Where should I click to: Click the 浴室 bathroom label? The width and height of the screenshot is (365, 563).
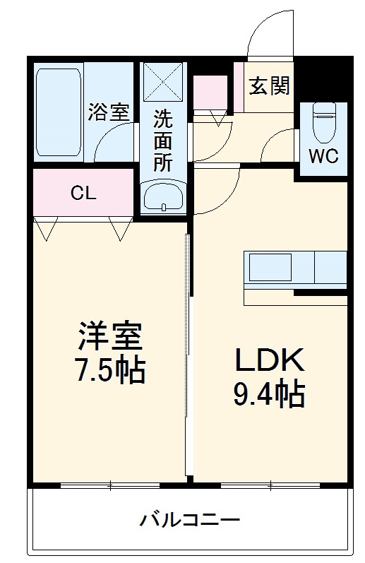coord(109,112)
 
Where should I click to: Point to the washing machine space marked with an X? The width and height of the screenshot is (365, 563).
coord(163,83)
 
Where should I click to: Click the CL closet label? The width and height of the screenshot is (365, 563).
coord(83,193)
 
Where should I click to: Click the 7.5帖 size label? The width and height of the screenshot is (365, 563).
coord(110,370)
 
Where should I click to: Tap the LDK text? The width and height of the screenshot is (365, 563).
coord(269,361)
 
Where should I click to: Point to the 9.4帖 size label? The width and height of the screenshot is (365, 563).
coord(269,394)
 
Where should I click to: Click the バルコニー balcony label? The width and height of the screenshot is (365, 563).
coord(189,521)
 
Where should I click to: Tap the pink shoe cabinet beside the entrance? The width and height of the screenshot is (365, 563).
coord(210,92)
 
